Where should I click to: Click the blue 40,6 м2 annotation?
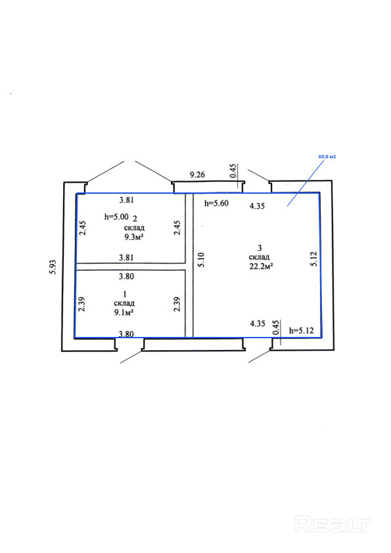click(327, 156)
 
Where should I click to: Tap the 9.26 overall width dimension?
click(197, 175)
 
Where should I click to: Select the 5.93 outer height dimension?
click(53, 267)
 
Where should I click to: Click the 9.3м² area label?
click(134, 236)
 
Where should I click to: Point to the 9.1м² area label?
click(124, 312)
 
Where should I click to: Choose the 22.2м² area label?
click(261, 266)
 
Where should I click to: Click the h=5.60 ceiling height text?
click(217, 203)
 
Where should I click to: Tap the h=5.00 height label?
click(116, 217)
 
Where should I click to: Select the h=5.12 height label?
click(302, 331)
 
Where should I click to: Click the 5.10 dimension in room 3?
click(201, 259)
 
